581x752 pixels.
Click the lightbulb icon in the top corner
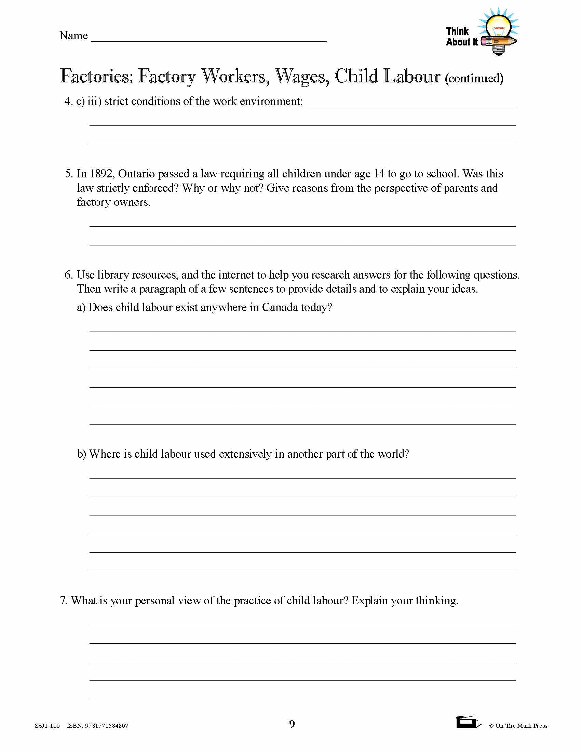click(x=498, y=31)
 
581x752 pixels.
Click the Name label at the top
click(x=73, y=36)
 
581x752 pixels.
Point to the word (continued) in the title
click(x=474, y=79)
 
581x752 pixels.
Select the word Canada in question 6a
click(x=280, y=307)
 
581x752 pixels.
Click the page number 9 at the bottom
click(x=292, y=724)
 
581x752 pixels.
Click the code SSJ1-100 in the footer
click(x=47, y=726)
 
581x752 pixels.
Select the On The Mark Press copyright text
click(x=518, y=726)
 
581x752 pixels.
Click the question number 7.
click(x=63, y=601)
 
